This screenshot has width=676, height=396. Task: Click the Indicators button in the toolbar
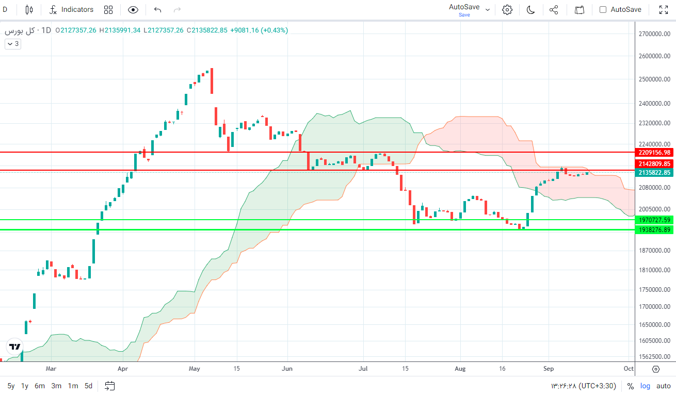[71, 9]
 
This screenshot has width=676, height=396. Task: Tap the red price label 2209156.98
[654, 153]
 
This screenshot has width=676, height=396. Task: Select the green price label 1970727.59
[654, 220]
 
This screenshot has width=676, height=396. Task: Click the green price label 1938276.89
[654, 230]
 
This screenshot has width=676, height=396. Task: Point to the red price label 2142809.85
[654, 163]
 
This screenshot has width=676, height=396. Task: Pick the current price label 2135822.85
[654, 173]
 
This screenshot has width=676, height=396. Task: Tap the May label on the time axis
[195, 369]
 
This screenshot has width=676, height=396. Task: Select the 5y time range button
[11, 386]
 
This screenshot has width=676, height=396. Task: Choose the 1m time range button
[73, 386]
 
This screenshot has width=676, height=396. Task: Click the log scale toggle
[646, 386]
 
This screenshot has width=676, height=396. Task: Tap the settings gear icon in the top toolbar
[507, 9]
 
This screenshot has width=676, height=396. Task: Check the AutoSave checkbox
[603, 9]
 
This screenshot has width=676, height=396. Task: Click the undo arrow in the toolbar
[157, 9]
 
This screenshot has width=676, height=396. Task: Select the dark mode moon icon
[530, 9]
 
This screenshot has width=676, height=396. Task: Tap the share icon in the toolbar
[554, 9]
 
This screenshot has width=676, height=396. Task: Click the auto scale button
[664, 386]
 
